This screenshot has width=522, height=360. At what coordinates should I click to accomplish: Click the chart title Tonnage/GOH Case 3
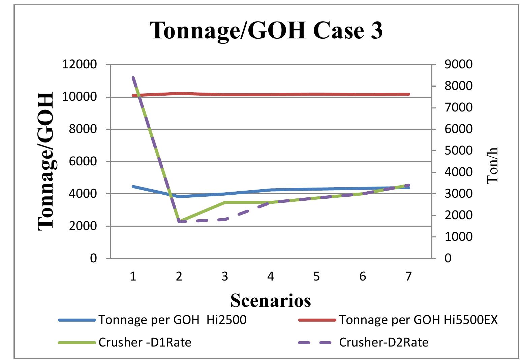266,30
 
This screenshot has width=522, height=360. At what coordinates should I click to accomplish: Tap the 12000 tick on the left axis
79,64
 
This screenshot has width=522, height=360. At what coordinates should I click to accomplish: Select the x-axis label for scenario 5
316,276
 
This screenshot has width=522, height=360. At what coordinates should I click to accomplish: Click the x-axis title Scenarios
271,300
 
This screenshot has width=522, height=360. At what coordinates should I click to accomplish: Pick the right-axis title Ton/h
493,165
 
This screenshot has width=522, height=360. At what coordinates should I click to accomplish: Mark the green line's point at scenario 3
225,202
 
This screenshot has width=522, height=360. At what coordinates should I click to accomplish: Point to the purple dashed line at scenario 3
225,220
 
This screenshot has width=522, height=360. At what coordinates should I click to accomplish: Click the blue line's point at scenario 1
133,186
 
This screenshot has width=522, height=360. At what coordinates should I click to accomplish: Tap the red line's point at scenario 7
408,94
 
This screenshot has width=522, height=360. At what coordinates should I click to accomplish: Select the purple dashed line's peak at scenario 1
133,77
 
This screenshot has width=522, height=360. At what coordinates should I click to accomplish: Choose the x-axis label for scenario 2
179,276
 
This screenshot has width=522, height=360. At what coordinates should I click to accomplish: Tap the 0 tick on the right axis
448,258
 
